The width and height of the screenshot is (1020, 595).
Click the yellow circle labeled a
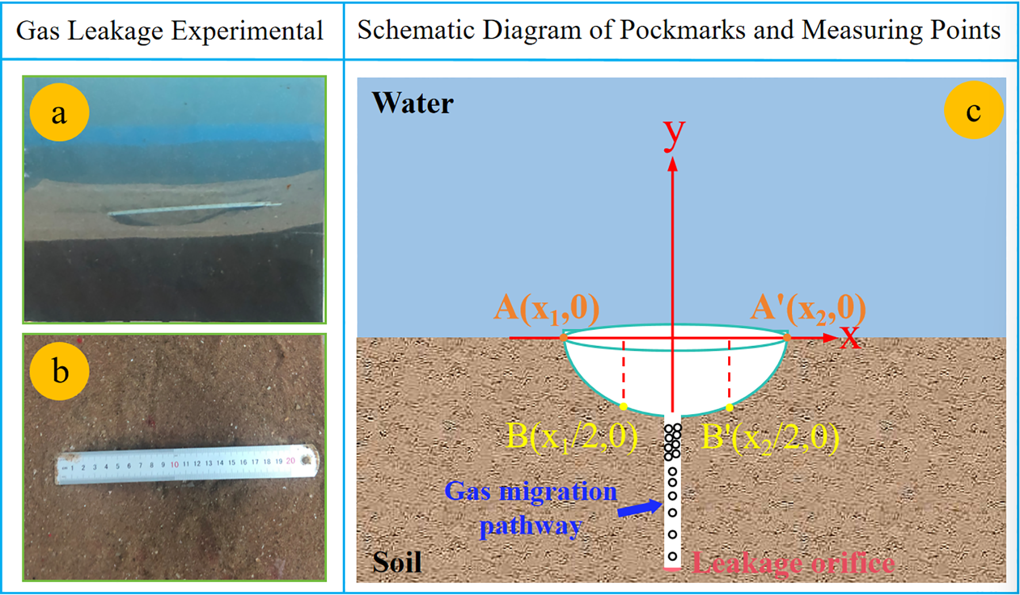tap(59, 112)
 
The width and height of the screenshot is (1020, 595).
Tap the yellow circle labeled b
tap(59, 371)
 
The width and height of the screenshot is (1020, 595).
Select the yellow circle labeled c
tap(973, 110)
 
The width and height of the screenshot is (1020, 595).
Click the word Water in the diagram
tap(413, 104)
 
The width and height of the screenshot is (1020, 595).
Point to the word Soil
tap(397, 562)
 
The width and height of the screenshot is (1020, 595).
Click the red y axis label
tap(673, 135)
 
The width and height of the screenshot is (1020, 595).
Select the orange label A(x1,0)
tap(546, 308)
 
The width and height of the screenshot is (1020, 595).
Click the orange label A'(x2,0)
tap(808, 308)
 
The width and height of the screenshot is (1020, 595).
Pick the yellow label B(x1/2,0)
tap(572, 437)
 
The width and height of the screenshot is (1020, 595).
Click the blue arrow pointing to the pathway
tap(640, 508)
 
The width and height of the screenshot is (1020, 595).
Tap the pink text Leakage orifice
tap(793, 563)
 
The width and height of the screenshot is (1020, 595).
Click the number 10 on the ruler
tap(174, 464)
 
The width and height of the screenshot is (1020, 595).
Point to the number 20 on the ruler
tap(290, 460)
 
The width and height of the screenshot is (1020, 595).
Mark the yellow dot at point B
tap(623, 406)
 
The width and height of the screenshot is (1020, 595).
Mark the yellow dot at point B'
tap(729, 407)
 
